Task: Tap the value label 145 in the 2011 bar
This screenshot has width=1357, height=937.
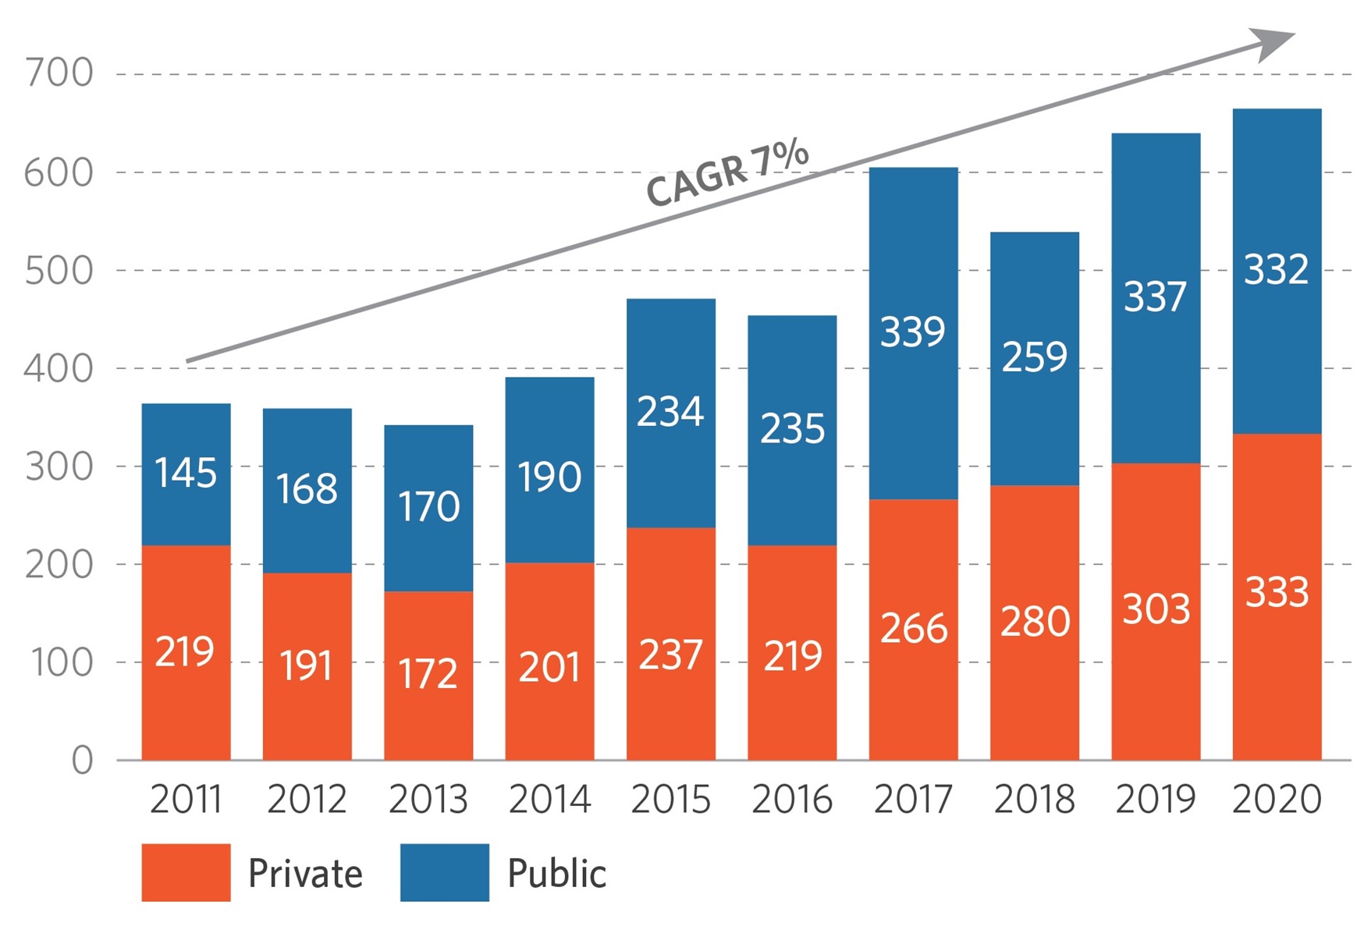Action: (186, 473)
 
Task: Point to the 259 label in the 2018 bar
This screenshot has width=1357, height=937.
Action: (1034, 357)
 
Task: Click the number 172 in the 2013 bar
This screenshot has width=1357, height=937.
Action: (428, 673)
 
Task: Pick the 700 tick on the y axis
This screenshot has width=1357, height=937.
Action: (59, 73)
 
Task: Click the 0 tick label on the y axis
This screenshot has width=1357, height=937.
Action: (82, 760)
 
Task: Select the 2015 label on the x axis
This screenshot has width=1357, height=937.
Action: (670, 799)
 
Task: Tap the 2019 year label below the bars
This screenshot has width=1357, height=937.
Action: (1155, 799)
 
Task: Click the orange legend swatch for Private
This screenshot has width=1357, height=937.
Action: (186, 872)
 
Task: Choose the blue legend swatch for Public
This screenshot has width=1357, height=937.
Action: (445, 872)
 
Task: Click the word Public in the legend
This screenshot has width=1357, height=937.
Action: (556, 873)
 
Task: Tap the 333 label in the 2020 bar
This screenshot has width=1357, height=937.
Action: (1277, 592)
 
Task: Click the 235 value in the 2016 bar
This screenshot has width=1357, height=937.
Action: (792, 428)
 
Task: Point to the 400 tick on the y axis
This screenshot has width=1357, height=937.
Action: (59, 368)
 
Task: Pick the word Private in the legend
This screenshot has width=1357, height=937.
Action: (305, 873)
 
